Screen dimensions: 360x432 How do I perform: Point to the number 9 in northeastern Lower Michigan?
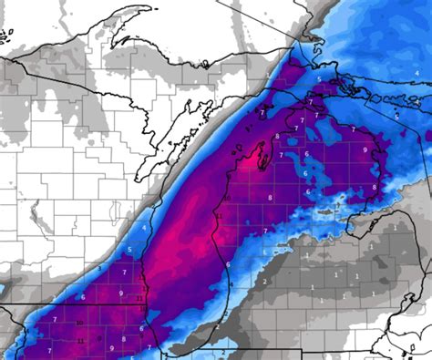(365, 150)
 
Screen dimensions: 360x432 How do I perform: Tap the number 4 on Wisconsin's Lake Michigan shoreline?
(144, 226)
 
